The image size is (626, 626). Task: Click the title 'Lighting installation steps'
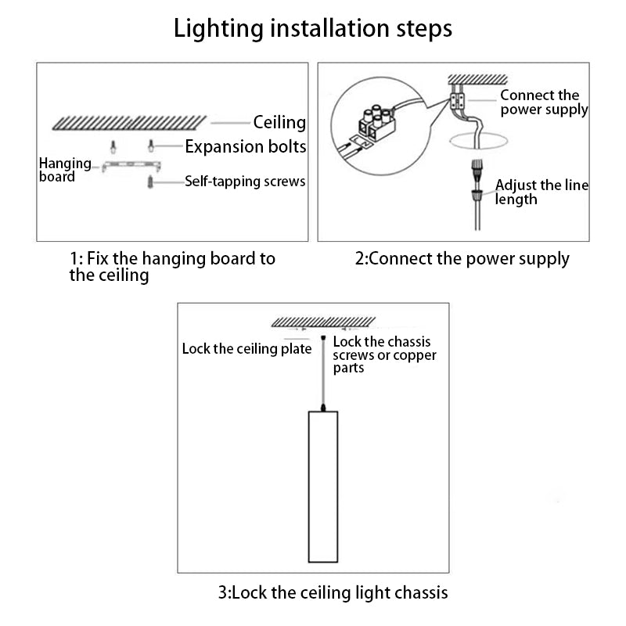(x=312, y=29)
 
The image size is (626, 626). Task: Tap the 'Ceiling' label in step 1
(x=279, y=122)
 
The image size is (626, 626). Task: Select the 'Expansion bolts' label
(x=245, y=146)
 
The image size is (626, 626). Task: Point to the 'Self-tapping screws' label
(x=245, y=182)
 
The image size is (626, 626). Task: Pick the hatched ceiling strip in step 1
(x=128, y=122)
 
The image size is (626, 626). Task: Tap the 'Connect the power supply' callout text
(x=544, y=103)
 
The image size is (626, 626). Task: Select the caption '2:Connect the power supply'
(x=462, y=258)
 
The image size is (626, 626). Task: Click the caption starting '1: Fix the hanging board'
(x=172, y=266)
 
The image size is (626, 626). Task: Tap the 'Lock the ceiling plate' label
(x=246, y=348)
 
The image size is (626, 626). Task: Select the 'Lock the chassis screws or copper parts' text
(x=384, y=354)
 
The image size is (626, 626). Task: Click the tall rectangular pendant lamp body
(x=322, y=485)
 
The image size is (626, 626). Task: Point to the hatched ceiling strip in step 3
(x=323, y=321)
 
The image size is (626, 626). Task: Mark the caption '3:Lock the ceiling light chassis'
(x=333, y=591)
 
